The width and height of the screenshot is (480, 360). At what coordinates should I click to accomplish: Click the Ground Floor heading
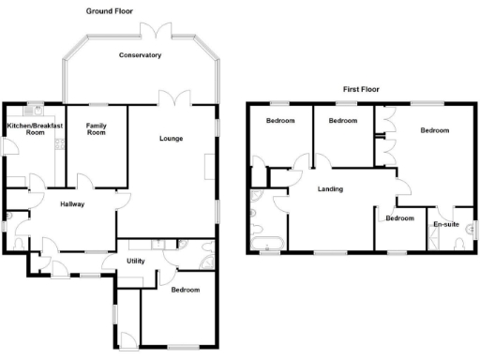109,11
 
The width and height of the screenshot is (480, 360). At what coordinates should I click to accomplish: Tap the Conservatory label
141,55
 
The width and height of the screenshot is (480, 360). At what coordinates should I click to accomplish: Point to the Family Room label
97,128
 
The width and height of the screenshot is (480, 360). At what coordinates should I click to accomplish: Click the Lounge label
171,139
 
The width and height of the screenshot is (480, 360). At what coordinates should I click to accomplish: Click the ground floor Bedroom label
185,290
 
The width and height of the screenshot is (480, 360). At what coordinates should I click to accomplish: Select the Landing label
329,188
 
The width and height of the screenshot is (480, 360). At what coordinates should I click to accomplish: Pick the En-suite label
444,224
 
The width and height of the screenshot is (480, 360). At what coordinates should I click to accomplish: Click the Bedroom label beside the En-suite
399,218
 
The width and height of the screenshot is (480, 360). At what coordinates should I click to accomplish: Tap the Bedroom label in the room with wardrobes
433,130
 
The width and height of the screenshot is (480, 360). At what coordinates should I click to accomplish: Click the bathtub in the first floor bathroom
267,247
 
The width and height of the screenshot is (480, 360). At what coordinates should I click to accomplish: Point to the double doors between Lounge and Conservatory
168,98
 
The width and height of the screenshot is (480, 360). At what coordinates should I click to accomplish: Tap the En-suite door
446,211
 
